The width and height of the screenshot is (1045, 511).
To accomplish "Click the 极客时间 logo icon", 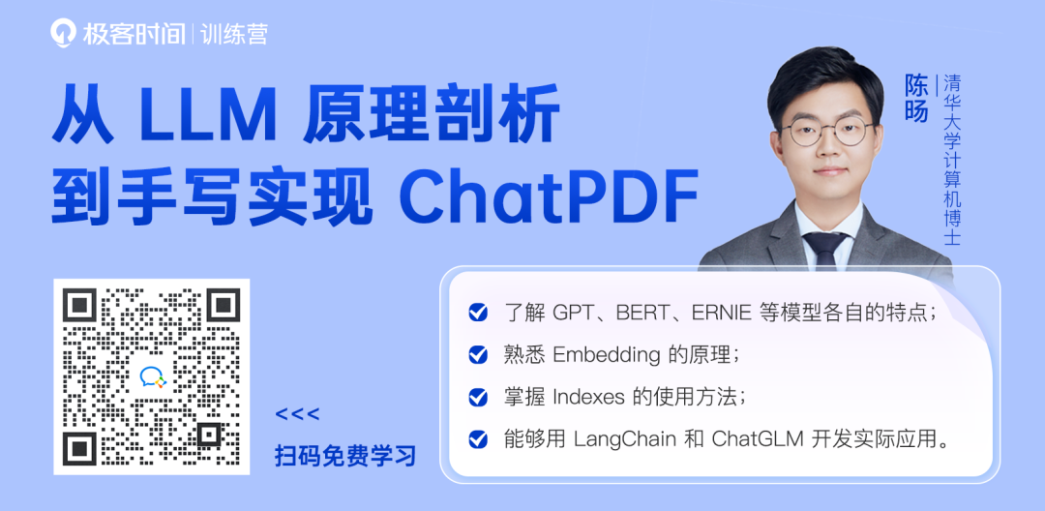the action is pos(63,33).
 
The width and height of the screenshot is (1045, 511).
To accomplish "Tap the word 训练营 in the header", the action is pos(234,33).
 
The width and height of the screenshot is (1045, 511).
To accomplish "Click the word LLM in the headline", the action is pos(207,121).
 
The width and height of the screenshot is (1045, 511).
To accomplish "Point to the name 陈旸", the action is pos(915,97).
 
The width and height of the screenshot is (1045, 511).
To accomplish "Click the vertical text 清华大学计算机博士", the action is pos(951,160).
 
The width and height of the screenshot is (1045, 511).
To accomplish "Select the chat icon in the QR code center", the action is pos(151,377).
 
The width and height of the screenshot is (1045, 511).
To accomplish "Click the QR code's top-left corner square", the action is pos(80,306).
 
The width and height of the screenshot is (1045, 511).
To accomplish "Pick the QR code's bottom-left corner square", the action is pos(80,448).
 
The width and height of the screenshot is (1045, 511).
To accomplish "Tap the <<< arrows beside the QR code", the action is pos(297,414).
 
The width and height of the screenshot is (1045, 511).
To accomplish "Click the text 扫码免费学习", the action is pos(345,457).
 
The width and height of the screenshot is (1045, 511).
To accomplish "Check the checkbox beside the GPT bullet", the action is pos(478,313).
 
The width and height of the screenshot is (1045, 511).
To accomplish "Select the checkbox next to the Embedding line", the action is pos(478,355).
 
